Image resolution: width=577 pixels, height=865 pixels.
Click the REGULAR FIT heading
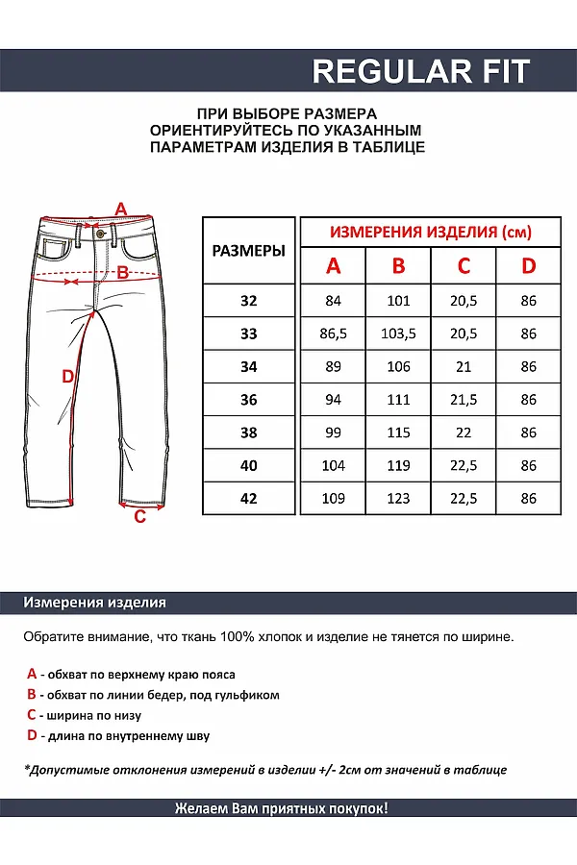click(x=421, y=71)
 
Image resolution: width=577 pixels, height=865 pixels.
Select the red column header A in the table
click(x=334, y=266)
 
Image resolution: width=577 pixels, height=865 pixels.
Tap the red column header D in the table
click(x=528, y=266)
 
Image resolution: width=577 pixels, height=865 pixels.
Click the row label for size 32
click(x=249, y=301)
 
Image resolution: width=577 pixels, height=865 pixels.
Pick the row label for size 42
click(x=249, y=499)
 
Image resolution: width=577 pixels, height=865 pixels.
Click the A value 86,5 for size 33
click(x=334, y=334)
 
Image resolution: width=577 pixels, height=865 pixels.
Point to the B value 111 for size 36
click(x=398, y=400)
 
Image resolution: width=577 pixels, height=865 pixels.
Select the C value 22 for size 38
click(x=464, y=433)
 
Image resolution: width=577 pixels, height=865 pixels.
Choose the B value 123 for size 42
click(x=398, y=499)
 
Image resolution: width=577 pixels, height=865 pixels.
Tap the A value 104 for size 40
click(x=334, y=466)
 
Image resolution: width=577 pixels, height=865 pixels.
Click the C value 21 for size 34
click(x=464, y=367)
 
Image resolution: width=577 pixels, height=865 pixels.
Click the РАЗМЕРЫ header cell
click(x=249, y=251)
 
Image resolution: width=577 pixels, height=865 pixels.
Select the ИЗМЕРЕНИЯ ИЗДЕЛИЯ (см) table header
click(x=431, y=233)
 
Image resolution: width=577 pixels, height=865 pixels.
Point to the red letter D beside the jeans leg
click(x=67, y=376)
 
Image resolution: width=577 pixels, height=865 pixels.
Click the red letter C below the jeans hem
click(x=139, y=517)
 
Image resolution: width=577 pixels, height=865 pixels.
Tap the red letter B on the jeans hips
click(x=122, y=273)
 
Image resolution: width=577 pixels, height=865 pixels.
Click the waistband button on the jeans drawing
click(x=99, y=233)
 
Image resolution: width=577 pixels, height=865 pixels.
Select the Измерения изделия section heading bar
click(x=95, y=603)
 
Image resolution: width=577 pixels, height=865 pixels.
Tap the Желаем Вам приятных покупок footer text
click(x=282, y=808)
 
